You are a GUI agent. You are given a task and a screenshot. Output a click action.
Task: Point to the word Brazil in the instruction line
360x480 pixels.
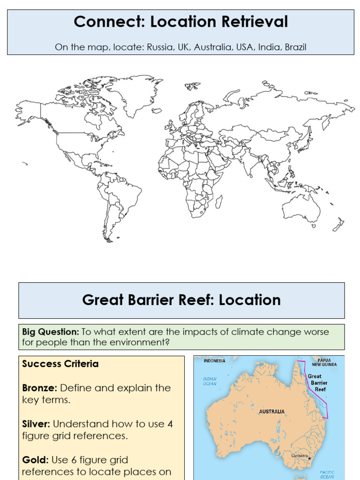click(x=295, y=47)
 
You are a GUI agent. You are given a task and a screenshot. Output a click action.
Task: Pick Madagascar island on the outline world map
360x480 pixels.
click(x=219, y=202)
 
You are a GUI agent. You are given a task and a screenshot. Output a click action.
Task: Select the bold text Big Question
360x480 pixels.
click(x=51, y=332)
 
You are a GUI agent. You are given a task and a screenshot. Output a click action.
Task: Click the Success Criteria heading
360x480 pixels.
click(x=60, y=364)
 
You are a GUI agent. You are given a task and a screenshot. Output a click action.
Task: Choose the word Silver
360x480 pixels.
click(x=36, y=424)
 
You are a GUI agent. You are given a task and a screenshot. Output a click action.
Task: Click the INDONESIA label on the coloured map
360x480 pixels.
click(x=214, y=361)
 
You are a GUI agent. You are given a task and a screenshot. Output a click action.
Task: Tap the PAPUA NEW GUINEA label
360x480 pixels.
click(x=324, y=362)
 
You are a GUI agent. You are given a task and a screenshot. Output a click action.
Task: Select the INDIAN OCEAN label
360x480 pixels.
click(x=210, y=381)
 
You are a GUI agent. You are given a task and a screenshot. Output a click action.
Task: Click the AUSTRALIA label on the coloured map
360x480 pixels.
click(x=271, y=412)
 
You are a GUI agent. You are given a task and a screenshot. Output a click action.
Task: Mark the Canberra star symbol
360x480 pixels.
click(x=309, y=459)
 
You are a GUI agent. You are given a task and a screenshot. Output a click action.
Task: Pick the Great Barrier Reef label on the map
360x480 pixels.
click(x=317, y=382)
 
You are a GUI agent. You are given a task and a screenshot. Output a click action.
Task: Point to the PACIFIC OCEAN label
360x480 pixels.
click(x=327, y=474)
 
